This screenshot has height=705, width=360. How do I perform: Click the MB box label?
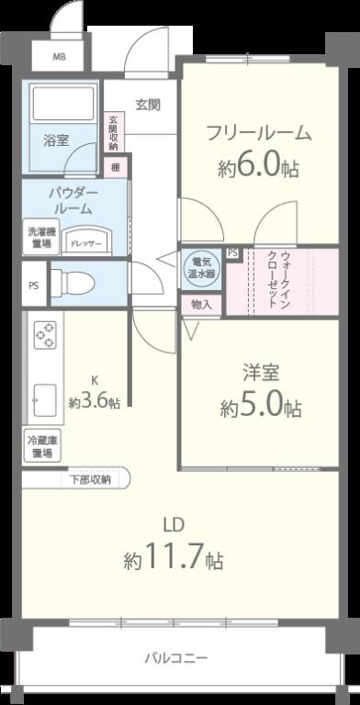59,57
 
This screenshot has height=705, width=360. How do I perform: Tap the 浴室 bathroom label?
56,140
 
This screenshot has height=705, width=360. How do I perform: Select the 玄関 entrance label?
148,104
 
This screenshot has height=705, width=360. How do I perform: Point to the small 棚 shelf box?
116,167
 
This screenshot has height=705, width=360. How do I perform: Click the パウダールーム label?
72,201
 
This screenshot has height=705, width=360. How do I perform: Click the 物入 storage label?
201,304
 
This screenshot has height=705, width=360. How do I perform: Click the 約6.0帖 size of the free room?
258,169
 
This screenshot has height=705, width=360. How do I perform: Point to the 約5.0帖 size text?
260,408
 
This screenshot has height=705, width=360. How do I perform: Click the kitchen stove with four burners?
44,337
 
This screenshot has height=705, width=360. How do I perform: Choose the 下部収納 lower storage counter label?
90,479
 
